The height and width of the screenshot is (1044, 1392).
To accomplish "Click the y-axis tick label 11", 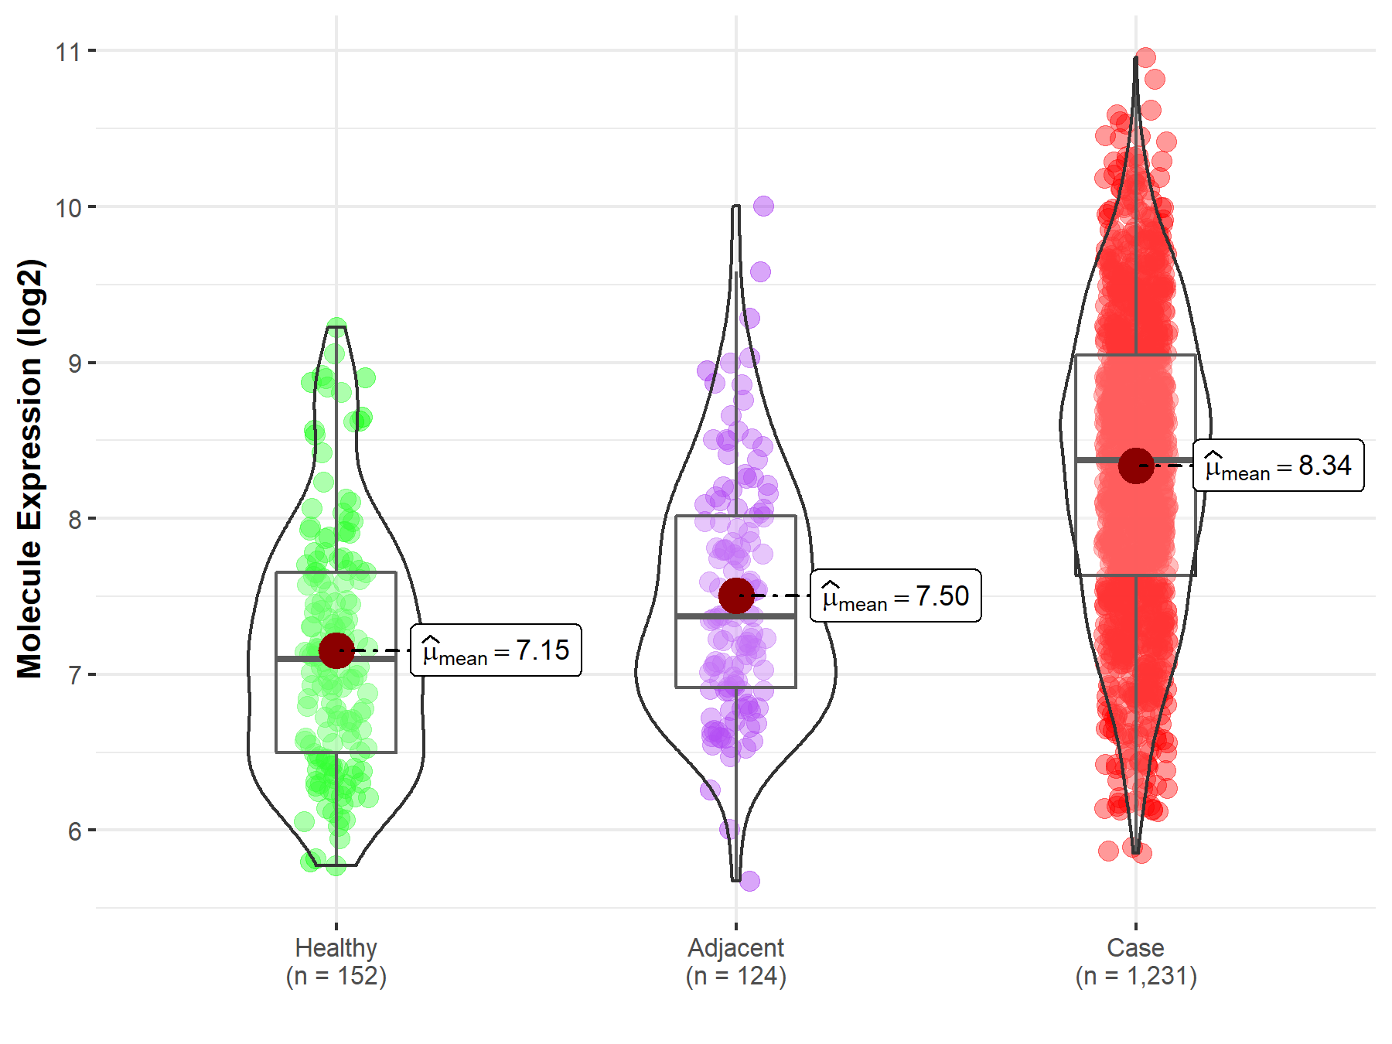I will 68,52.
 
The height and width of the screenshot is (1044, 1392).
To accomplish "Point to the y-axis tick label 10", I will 68,208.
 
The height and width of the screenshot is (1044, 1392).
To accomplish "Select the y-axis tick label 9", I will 75,363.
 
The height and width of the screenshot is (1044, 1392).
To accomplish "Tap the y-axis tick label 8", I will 75,520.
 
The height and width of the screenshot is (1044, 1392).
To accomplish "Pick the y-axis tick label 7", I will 75,675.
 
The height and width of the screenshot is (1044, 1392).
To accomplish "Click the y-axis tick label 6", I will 75,831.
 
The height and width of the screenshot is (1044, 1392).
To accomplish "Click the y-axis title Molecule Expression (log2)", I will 29,468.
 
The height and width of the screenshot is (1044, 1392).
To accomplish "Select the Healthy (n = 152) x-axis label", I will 336,961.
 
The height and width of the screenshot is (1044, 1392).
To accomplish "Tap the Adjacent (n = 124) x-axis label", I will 735,961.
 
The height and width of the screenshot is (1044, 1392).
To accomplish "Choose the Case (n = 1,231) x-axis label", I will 1135,961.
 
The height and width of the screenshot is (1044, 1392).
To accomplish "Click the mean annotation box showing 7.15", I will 496,650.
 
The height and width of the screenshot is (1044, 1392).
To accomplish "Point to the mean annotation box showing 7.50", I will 896,595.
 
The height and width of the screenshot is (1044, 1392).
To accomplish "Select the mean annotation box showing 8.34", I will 1278,466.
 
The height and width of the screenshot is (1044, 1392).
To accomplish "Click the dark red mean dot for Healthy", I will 336,650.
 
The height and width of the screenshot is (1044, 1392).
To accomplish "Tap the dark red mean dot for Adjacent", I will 736,595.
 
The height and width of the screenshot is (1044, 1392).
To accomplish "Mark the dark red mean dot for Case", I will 1136,466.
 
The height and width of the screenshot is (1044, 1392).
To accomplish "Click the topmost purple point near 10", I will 763,206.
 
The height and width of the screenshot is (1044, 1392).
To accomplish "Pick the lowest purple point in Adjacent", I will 749,881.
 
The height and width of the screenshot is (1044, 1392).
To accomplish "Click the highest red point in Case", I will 1145,58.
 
